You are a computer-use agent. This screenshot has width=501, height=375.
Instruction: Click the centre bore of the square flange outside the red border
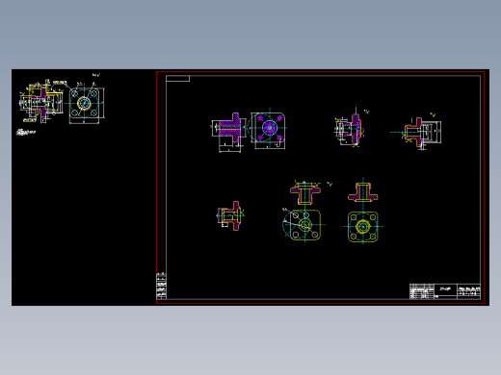[84, 103]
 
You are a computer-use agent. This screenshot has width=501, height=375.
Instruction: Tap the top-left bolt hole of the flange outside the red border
[74, 93]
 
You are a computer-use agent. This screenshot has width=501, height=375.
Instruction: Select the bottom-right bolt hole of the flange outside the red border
[94, 114]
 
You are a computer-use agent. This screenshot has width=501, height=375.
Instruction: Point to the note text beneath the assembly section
[26, 133]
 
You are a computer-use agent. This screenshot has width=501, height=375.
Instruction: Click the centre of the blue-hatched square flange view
[269, 127]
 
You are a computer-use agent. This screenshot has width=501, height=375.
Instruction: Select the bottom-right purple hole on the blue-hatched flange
[278, 137]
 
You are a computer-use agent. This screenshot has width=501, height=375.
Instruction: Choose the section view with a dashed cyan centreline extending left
[420, 132]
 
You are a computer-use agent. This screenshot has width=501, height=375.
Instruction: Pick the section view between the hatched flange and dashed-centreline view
[349, 131]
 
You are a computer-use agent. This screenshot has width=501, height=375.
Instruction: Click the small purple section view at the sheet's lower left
[230, 216]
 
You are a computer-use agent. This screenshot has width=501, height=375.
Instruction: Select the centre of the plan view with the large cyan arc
[304, 226]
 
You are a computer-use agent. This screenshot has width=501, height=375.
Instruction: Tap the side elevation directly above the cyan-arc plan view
[305, 192]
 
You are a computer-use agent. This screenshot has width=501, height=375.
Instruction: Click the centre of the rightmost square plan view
[362, 227]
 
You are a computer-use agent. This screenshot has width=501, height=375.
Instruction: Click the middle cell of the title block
[445, 291]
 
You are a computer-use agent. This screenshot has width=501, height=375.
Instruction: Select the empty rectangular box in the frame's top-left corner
[177, 79]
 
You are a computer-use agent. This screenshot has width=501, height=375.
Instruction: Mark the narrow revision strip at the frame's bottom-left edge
[161, 287]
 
